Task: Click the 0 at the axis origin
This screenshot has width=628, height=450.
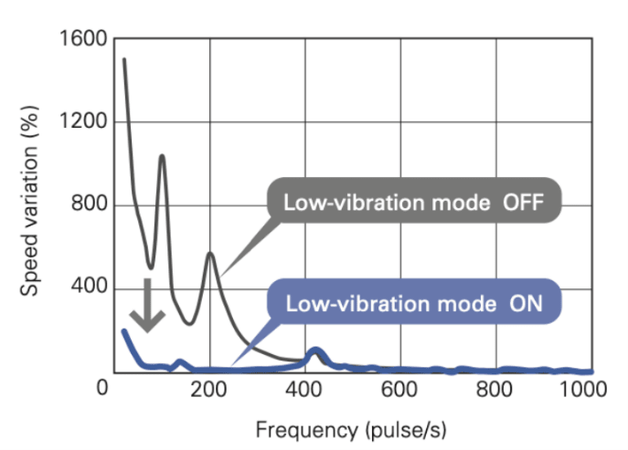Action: pos(103,388)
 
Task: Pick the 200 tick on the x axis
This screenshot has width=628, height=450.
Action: pos(209,388)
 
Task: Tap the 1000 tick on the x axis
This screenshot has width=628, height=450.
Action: pos(583,388)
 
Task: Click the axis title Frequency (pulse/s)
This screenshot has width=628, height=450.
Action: pos(350,428)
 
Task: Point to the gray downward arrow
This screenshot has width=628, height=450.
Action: pos(146,306)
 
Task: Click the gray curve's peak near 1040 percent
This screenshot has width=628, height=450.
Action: pos(162,156)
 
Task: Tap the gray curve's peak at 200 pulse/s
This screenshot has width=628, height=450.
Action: pos(210,254)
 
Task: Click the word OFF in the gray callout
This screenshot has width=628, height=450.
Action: pos(524,203)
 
